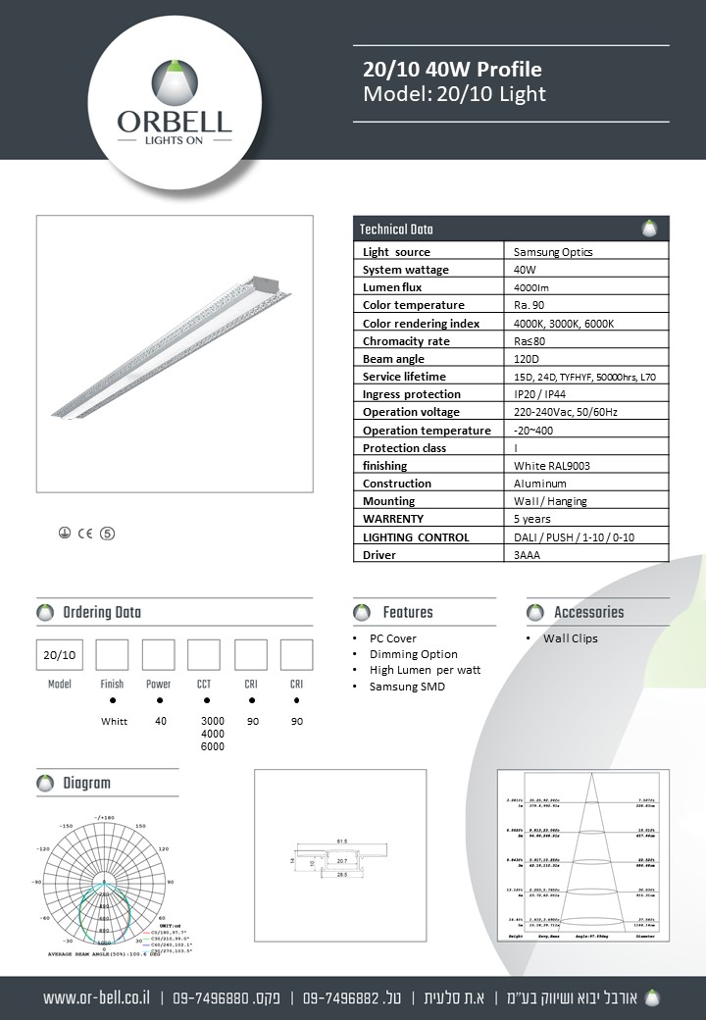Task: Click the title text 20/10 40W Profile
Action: click(x=452, y=70)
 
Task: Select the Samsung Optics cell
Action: click(x=553, y=252)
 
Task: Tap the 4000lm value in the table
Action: click(x=531, y=287)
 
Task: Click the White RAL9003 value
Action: click(x=551, y=466)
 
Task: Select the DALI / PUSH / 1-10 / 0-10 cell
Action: click(x=574, y=537)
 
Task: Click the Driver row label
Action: click(x=379, y=555)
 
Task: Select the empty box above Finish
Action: click(x=112, y=654)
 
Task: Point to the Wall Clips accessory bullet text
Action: click(x=571, y=638)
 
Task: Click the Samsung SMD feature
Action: click(x=407, y=687)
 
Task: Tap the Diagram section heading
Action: click(x=86, y=784)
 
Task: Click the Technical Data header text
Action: click(x=396, y=229)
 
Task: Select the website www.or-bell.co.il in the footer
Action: click(x=96, y=998)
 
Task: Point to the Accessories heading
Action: click(x=588, y=613)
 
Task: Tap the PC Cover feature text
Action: click(x=392, y=638)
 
